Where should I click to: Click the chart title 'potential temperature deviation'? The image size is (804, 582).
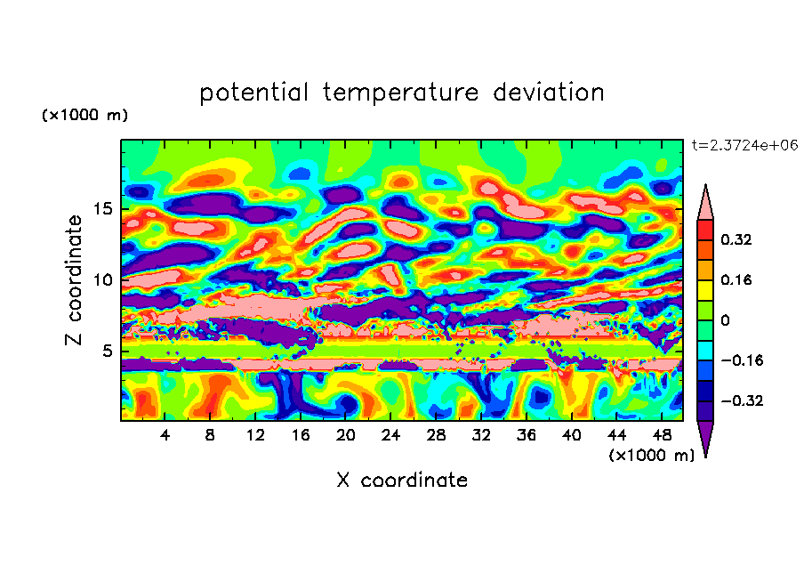tap(401, 93)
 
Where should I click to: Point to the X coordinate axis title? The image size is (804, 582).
tap(401, 481)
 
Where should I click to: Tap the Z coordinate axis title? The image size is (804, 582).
tap(74, 280)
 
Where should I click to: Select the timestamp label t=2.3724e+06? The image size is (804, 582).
tap(745, 145)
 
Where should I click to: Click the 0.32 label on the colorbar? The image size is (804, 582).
tap(737, 239)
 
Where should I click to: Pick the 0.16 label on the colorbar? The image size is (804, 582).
tap(737, 279)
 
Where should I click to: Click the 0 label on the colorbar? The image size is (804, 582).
tap(725, 320)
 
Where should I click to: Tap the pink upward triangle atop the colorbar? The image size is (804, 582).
tap(705, 202)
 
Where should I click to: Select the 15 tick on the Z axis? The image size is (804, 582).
tap(102, 210)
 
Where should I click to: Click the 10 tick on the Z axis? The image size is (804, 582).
tap(102, 280)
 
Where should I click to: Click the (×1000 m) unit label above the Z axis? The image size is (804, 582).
tap(84, 116)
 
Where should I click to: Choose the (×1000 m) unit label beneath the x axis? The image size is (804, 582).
tap(651, 456)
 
